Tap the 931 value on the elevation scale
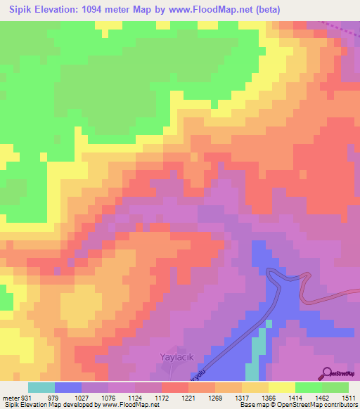(26, 397)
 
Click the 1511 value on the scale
(349, 397)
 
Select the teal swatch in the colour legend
(41, 387)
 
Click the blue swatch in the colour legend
(68, 387)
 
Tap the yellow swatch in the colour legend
(281, 387)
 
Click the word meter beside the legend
(11, 397)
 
